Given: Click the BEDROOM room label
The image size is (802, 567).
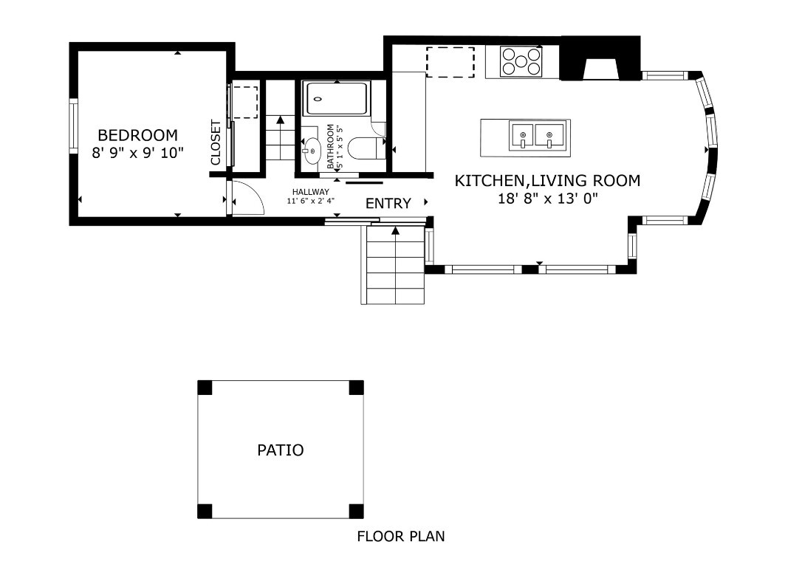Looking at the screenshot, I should point(137,135).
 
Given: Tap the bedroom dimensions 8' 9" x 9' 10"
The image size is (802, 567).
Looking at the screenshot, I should point(137,153).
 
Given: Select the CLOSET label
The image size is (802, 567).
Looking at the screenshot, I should point(216,142).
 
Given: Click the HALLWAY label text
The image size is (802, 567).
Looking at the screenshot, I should point(310,192).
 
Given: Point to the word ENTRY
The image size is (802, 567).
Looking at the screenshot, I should point(388,204).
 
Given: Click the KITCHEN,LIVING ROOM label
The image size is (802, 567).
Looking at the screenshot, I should point(546,180).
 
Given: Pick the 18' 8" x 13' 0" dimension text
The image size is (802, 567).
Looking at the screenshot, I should point(546,198).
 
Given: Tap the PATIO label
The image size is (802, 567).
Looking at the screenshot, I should point(280,450).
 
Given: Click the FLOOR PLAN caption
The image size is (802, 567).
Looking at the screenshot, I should point(401,537).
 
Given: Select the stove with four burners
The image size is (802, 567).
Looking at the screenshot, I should point(521,61).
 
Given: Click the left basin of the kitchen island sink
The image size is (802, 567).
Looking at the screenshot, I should point(523,136).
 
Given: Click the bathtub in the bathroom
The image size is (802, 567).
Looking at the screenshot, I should point(337,99).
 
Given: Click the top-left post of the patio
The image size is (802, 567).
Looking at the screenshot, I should point(205,388).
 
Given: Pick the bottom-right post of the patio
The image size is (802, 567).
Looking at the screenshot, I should point(357,511).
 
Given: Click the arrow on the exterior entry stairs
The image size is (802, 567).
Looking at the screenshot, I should point(395,232).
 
